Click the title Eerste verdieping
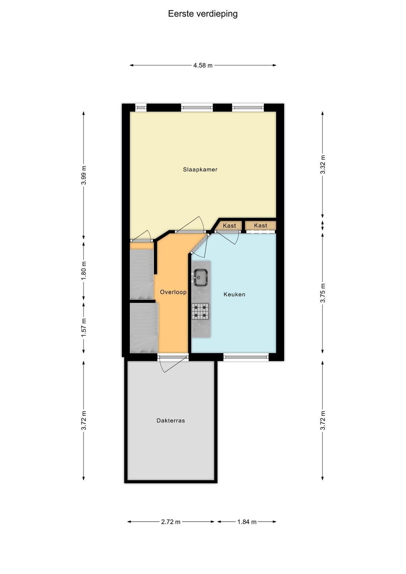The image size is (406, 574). click(x=203, y=14)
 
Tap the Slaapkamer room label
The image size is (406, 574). click(x=200, y=169)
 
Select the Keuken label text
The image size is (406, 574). click(x=234, y=295)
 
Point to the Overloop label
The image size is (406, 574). click(x=173, y=292)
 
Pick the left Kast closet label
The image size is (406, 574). click(x=229, y=226)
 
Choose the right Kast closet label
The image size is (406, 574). click(x=260, y=226)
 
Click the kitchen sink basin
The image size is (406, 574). click(x=200, y=277)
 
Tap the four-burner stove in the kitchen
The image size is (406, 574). click(x=200, y=311)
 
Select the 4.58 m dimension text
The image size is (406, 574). click(x=203, y=65)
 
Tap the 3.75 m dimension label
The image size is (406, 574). click(x=323, y=293)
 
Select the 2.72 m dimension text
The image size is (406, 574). click(x=171, y=522)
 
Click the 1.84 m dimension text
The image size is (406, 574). click(x=247, y=522)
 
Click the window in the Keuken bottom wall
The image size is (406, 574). click(x=246, y=357)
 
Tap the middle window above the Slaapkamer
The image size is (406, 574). click(x=197, y=108)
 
